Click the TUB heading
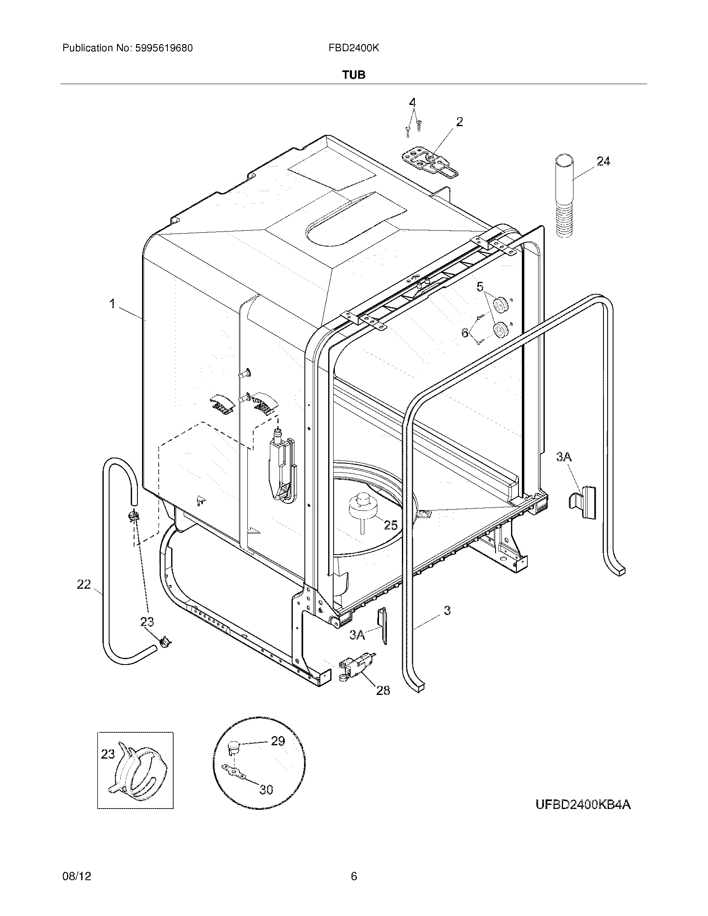coord(354,75)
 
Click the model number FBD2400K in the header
coord(354,48)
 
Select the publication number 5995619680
coord(164,48)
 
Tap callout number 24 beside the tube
coord(603,162)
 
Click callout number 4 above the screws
coord(413,102)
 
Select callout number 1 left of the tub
coord(112,304)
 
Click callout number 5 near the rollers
coord(480,287)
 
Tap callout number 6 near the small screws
coord(465,333)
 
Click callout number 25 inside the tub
coord(391,525)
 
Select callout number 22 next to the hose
coord(84,584)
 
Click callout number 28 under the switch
coord(382,690)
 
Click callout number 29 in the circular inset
coord(278,741)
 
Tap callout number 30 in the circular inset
coord(266,790)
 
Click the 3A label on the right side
coord(564,457)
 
